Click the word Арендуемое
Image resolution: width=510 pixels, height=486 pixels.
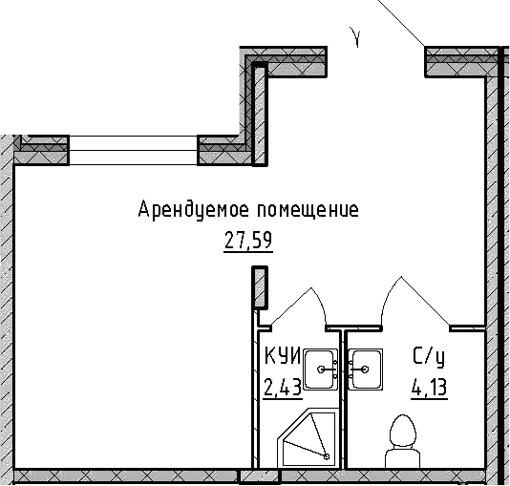pos(194,210)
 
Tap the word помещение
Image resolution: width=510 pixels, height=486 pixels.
pos(308,211)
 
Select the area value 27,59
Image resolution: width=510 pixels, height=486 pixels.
pos(248,241)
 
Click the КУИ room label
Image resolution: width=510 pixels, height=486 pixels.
pos(283,355)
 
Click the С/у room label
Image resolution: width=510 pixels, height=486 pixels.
pos(429,357)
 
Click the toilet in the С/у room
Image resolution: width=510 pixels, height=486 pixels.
pos(403,441)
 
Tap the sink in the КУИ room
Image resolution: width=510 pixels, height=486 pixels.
pos(321,369)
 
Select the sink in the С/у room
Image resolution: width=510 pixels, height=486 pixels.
pos(366,369)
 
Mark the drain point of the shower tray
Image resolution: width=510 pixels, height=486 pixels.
pos(327,456)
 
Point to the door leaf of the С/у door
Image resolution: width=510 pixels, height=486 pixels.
pos(425,301)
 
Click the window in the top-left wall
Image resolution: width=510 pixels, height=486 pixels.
pos(134,150)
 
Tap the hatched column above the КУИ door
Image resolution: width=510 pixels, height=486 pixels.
pos(260,287)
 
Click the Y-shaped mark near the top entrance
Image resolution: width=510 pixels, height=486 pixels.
pos(356,37)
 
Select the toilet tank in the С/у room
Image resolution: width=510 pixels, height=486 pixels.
pos(403,457)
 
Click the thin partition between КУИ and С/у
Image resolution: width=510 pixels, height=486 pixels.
pos(344,399)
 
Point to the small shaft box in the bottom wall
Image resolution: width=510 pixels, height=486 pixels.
pos(260,476)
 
